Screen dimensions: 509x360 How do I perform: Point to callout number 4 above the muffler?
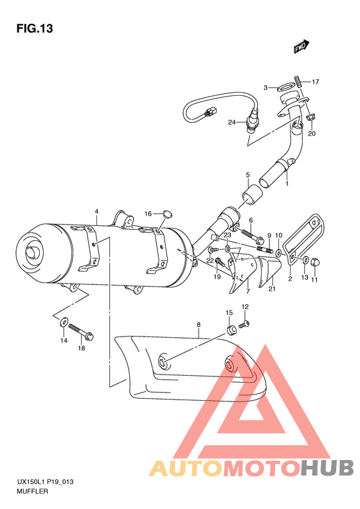click(x=96, y=211)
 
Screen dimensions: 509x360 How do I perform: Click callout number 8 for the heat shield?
click(x=199, y=325)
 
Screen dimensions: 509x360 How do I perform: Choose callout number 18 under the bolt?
click(x=82, y=348)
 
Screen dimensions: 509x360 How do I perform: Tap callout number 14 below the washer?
click(x=64, y=340)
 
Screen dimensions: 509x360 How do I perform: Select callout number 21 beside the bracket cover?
click(x=271, y=289)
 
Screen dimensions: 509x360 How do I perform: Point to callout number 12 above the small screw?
click(x=245, y=306)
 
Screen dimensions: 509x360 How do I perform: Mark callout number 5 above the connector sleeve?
click(x=247, y=174)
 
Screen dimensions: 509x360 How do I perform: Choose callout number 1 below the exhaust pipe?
click(x=287, y=183)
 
